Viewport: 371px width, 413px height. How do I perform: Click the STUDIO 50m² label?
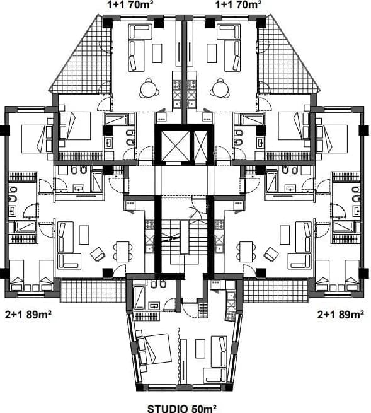tap(182, 408)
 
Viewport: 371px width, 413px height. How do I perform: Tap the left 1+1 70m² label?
tap(130, 4)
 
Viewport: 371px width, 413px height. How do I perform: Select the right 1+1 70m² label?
tap(238, 4)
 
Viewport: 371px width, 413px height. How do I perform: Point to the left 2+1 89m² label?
tap(28, 314)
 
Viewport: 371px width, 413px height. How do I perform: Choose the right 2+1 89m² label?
tap(341, 314)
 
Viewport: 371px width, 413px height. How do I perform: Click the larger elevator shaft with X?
tap(175, 146)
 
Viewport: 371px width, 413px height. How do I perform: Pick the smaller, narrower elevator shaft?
tap(201, 146)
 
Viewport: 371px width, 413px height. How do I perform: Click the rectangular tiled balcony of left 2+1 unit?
tap(93, 291)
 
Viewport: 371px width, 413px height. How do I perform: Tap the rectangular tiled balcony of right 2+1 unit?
tap(275, 291)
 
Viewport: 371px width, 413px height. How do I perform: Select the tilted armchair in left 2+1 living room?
tap(98, 254)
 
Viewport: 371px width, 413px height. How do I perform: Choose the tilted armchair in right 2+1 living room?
tap(271, 254)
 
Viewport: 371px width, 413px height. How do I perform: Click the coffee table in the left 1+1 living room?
tap(157, 53)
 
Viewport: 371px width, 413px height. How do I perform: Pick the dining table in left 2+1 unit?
tap(123, 252)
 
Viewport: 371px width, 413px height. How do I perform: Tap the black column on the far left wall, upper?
tap(5, 131)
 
